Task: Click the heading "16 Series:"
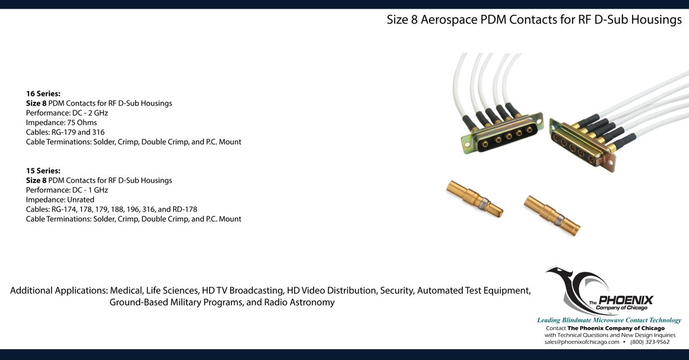tap(43, 94)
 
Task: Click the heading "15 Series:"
tap(43, 171)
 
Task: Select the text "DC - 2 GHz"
tap(90, 113)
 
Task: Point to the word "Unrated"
tap(80, 200)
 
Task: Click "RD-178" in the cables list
tap(184, 209)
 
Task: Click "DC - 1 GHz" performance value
tap(90, 190)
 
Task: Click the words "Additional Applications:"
tap(59, 291)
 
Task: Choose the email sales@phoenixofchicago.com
tap(582, 342)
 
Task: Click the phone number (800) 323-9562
tap(650, 342)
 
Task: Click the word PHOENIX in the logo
tap(626, 300)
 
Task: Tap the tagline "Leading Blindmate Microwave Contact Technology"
tap(609, 320)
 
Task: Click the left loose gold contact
tap(475, 199)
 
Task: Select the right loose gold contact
tap(552, 216)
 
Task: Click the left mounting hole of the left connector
tap(467, 144)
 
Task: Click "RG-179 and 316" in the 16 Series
tap(78, 132)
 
